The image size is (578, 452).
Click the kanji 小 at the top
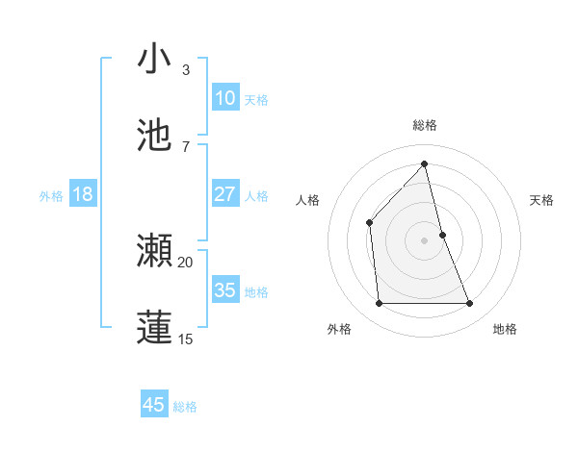click(155, 59)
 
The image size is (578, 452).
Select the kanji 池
click(155, 136)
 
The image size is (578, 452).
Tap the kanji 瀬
click(155, 251)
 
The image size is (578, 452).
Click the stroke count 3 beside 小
click(185, 69)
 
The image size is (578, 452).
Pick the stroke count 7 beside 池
click(185, 146)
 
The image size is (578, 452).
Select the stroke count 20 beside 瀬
click(185, 262)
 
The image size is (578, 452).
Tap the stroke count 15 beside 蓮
click(185, 339)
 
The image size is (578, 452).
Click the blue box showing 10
click(224, 98)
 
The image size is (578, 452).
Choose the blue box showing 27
click(224, 194)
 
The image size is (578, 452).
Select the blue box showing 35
click(224, 290)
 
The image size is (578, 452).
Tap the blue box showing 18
click(83, 194)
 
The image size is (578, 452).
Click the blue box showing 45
click(154, 405)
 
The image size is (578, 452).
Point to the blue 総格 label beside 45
click(185, 407)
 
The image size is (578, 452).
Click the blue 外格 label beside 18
click(51, 196)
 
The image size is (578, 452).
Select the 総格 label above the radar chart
click(425, 125)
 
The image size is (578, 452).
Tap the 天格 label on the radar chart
click(542, 200)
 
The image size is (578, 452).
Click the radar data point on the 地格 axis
click(470, 304)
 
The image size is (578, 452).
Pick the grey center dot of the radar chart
click(425, 240)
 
